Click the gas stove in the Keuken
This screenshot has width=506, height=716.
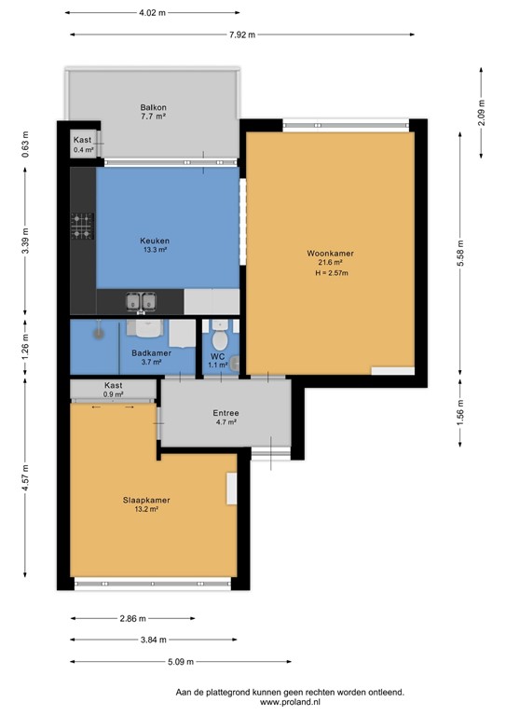[x=82, y=226]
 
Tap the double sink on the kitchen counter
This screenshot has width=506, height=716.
[x=141, y=302]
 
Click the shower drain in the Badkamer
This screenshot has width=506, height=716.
[x=99, y=333]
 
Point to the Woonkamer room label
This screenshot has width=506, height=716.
[x=330, y=254]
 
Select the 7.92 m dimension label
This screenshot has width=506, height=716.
[x=242, y=34]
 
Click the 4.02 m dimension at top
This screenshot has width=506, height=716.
[x=153, y=13]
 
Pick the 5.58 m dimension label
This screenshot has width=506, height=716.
[x=460, y=254]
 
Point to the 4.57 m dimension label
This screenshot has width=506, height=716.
[x=25, y=477]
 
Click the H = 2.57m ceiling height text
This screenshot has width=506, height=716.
[x=332, y=273]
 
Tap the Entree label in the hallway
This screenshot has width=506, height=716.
[x=226, y=413]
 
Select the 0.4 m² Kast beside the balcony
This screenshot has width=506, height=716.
[x=83, y=145]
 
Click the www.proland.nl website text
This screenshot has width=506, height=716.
[x=290, y=702]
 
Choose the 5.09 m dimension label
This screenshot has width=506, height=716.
[x=181, y=662]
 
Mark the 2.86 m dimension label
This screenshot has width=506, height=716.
[x=132, y=619]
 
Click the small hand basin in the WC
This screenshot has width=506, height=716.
[x=235, y=363]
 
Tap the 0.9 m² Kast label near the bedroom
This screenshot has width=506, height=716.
[x=113, y=390]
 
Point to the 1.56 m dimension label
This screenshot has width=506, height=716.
[x=460, y=412]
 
